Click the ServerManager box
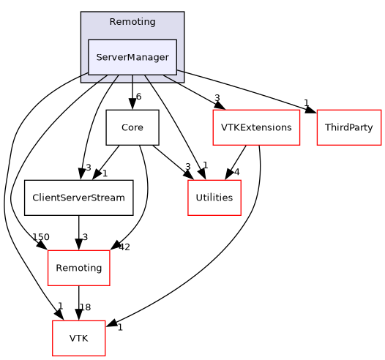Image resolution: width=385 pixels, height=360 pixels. coord(132,57)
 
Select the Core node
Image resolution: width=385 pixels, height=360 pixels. coord(132,127)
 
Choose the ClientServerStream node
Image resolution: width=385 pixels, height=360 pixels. coord(78,198)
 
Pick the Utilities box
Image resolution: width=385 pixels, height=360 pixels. coord(214,198)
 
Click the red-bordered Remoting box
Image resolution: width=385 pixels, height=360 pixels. coord(78,268)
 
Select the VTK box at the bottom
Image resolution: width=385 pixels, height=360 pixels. coord(78,338)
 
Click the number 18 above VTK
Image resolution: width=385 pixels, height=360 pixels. coord(86,308)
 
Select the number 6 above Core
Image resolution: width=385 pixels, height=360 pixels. coord(138,97)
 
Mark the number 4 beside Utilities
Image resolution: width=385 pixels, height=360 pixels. coord(236,172)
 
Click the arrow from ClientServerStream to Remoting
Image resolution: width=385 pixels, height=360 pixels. coord(78,233)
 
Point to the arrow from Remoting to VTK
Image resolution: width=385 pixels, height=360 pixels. coord(78,303)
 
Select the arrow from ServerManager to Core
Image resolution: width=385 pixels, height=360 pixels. coord(132,91)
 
